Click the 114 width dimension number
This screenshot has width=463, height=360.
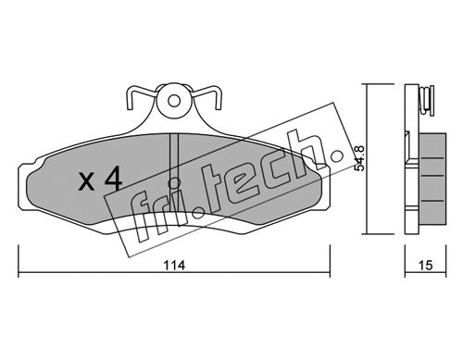click(174, 265)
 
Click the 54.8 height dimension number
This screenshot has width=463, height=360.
click(360, 158)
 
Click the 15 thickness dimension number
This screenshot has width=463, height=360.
click(426, 265)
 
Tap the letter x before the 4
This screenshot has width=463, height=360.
click(86, 181)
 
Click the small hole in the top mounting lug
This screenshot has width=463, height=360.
click(174, 101)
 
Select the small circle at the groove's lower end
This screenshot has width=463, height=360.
click(174, 183)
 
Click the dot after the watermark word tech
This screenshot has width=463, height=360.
click(336, 156)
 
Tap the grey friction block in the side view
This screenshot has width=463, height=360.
click(432, 178)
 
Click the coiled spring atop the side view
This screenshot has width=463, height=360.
click(428, 99)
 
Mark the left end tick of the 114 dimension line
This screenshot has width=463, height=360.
click(19, 261)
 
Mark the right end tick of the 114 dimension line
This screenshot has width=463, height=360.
click(331, 261)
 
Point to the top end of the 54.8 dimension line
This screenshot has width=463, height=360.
click(366, 84)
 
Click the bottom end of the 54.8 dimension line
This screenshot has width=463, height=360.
click(366, 234)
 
